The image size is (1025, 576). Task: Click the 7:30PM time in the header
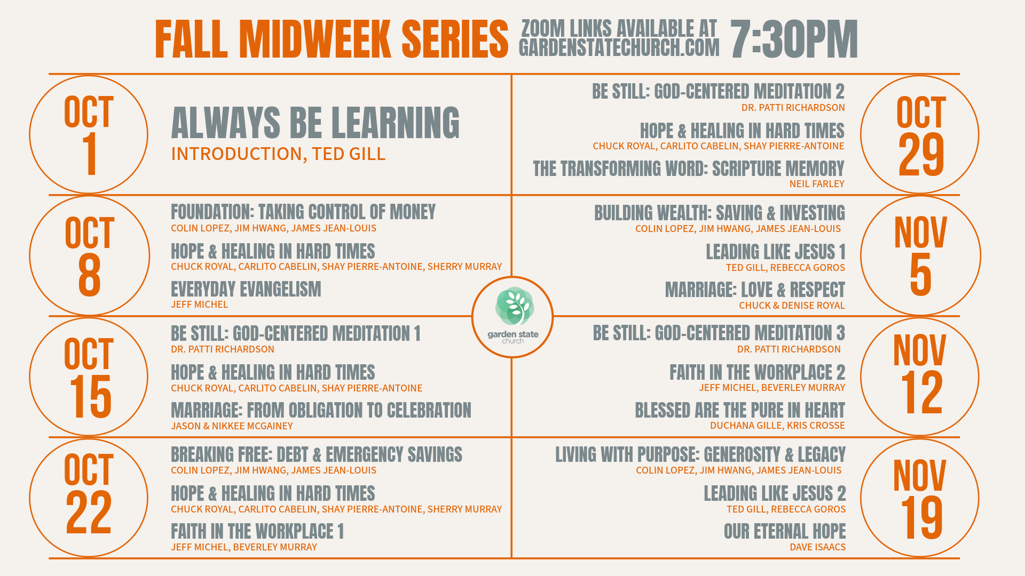794,39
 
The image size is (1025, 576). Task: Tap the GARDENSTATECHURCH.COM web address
619,48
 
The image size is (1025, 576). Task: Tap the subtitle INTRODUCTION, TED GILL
278,154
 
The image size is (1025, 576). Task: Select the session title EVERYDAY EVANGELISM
246,289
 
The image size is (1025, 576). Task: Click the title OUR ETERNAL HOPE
785,531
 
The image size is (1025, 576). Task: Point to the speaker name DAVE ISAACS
817,547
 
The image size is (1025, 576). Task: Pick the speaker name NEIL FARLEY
817,183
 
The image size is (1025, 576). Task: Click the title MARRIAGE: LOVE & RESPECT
755,290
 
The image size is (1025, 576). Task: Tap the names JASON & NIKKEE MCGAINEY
232,426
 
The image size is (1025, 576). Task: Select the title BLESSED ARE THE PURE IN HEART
740,410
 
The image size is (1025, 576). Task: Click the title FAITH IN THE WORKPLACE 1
257,531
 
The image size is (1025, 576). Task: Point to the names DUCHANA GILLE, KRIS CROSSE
777,425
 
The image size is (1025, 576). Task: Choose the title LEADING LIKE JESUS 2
775,493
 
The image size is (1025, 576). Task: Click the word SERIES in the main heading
455,39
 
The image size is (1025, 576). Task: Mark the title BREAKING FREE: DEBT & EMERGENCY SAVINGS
317,454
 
